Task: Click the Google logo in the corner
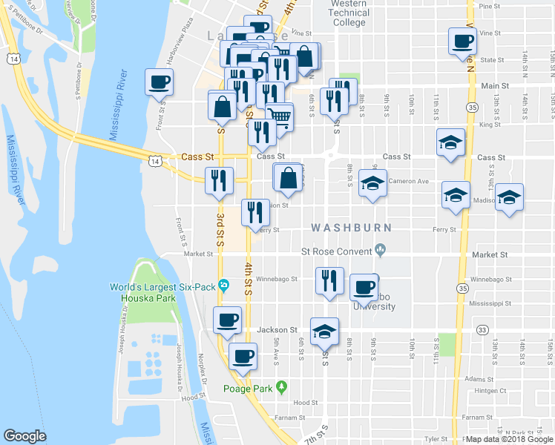[24, 436]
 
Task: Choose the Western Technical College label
[349, 13]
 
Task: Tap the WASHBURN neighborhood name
[351, 226]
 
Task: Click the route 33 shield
[482, 329]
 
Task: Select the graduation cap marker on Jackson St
[324, 331]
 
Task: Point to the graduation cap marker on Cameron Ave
[372, 183]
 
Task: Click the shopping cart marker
[280, 116]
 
